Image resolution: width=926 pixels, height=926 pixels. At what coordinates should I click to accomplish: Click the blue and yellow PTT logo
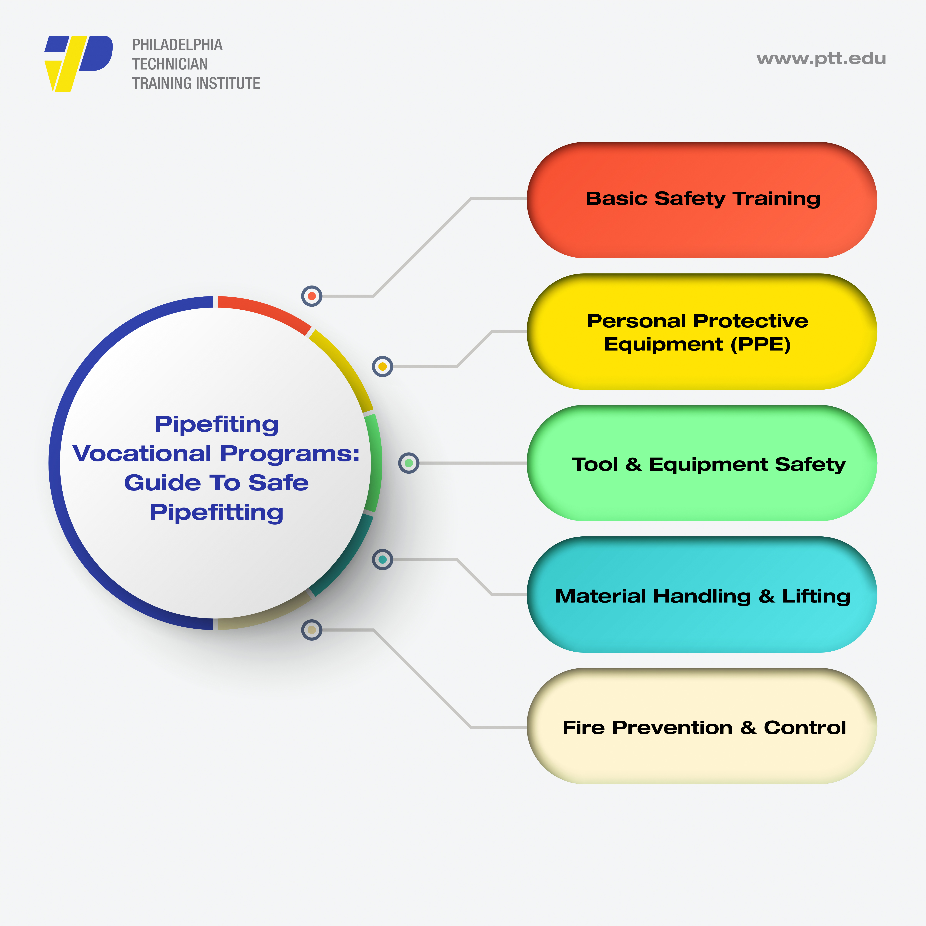tap(79, 64)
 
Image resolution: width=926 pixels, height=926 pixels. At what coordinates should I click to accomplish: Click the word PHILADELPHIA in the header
tap(177, 45)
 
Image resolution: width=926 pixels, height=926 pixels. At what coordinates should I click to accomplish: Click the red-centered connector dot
tap(312, 296)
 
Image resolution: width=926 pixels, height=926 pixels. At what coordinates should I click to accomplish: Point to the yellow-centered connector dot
tap(383, 367)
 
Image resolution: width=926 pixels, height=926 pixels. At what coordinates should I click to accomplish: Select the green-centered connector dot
tap(409, 463)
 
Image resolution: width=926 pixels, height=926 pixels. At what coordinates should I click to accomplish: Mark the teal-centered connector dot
tap(383, 559)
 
